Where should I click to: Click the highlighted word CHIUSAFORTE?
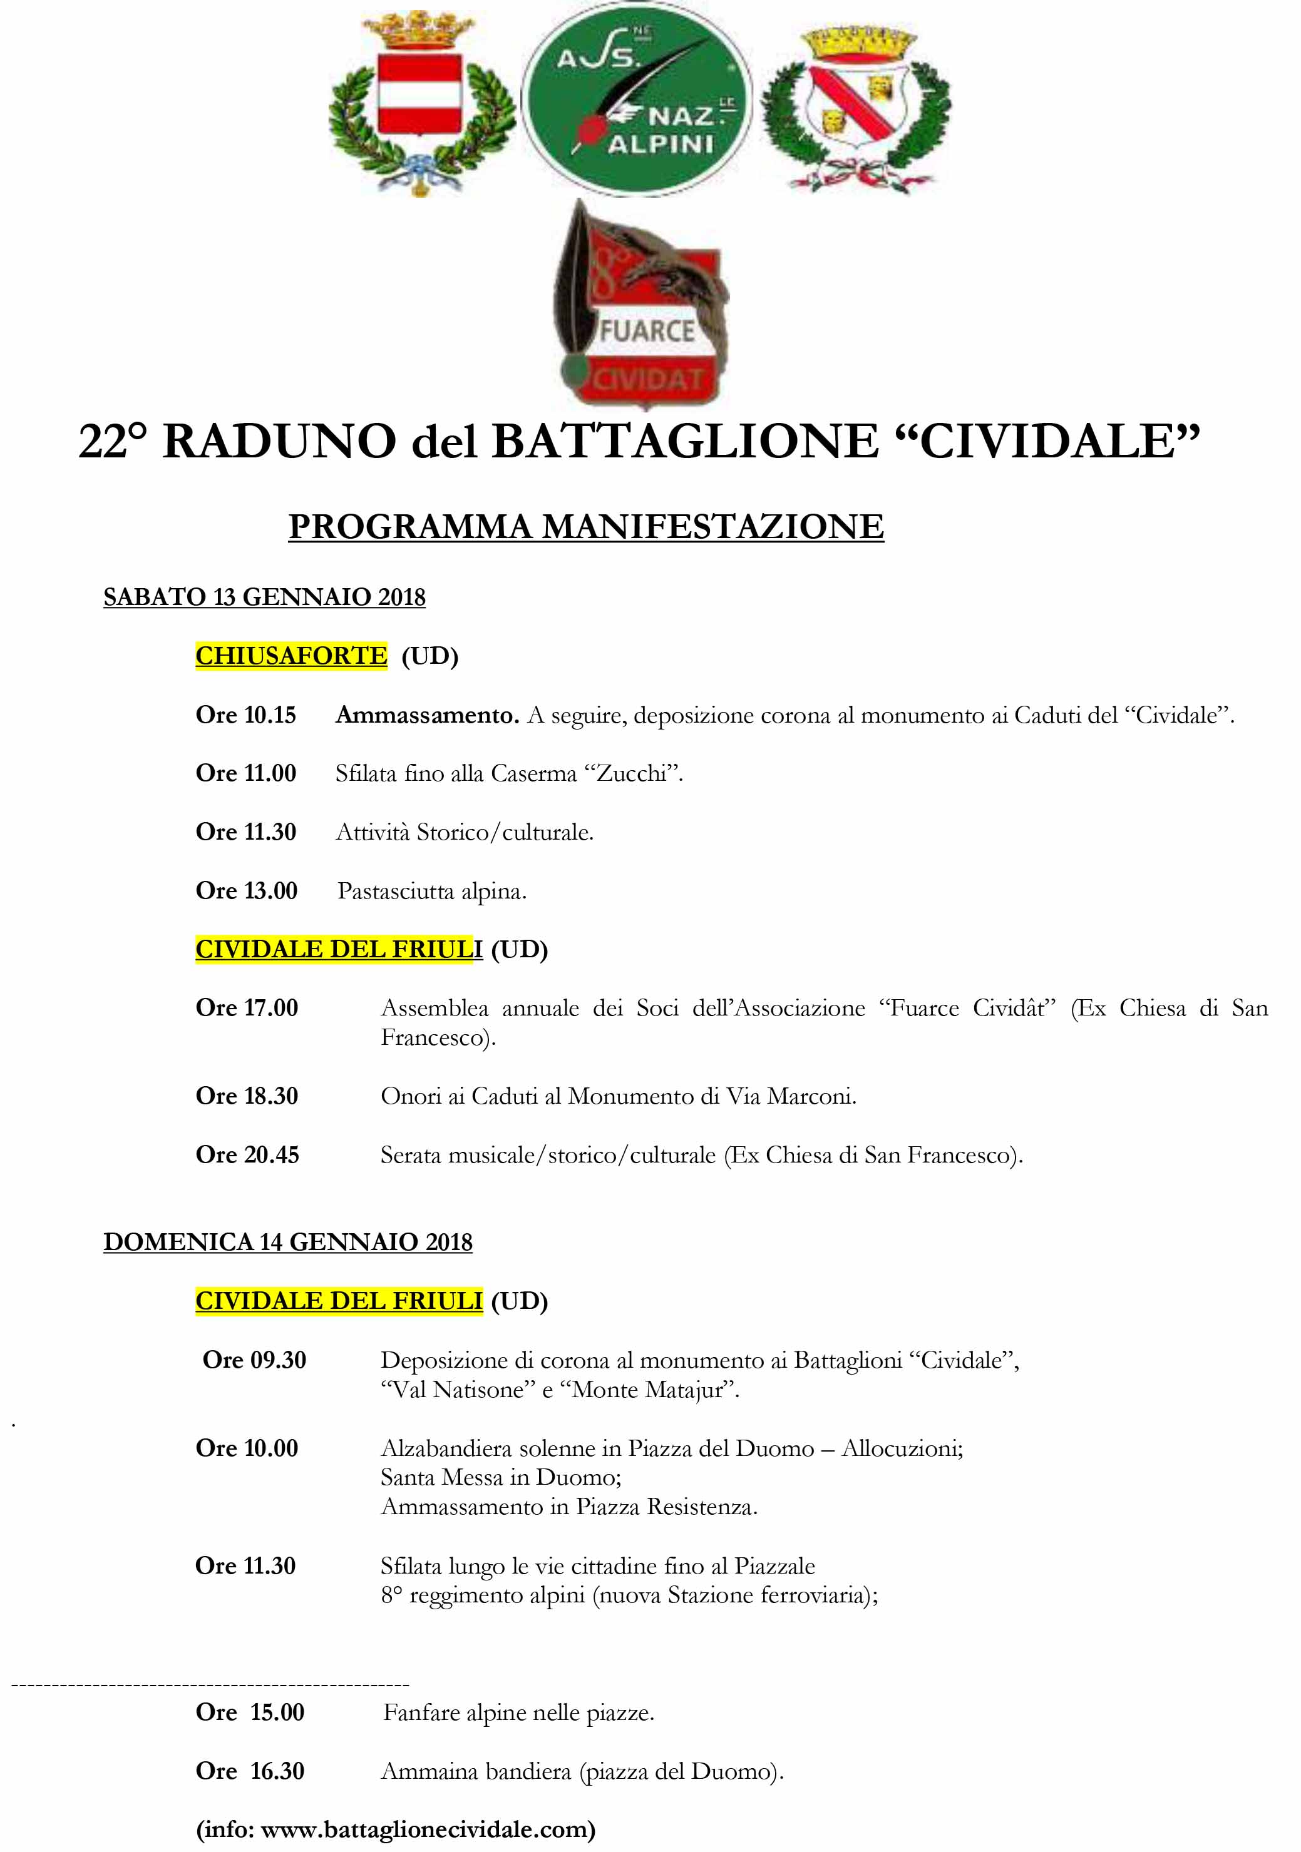click(291, 655)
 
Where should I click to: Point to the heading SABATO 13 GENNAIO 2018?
click(264, 596)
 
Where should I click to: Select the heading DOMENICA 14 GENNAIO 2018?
click(287, 1241)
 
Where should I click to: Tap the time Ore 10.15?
click(245, 715)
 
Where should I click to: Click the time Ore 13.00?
click(246, 890)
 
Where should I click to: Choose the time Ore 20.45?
click(247, 1154)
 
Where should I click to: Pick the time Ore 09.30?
click(254, 1359)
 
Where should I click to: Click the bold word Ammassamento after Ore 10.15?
click(427, 715)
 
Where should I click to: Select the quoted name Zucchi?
click(632, 773)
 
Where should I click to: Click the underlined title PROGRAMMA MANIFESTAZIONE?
click(586, 527)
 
